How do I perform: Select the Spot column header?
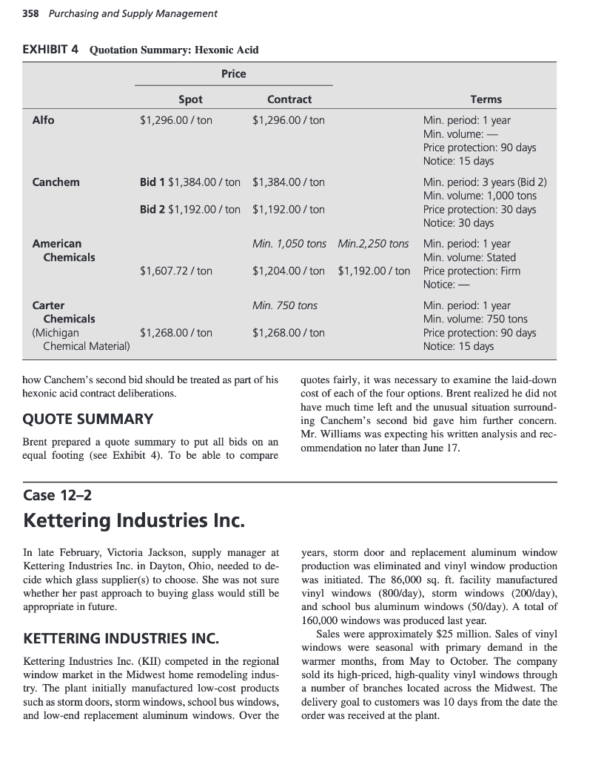(x=190, y=99)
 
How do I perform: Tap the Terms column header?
(x=486, y=99)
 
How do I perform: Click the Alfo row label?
(x=43, y=120)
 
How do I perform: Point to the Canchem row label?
(x=56, y=182)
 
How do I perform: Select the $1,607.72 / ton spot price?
(x=176, y=271)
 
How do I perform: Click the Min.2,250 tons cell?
(x=373, y=244)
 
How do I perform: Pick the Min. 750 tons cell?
(x=285, y=305)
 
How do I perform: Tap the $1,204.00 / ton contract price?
(x=289, y=271)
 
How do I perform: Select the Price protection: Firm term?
(x=472, y=271)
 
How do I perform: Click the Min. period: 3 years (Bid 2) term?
(x=485, y=182)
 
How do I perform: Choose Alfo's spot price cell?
(x=176, y=120)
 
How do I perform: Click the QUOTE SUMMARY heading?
(x=88, y=419)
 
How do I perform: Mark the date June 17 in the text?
(x=440, y=448)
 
